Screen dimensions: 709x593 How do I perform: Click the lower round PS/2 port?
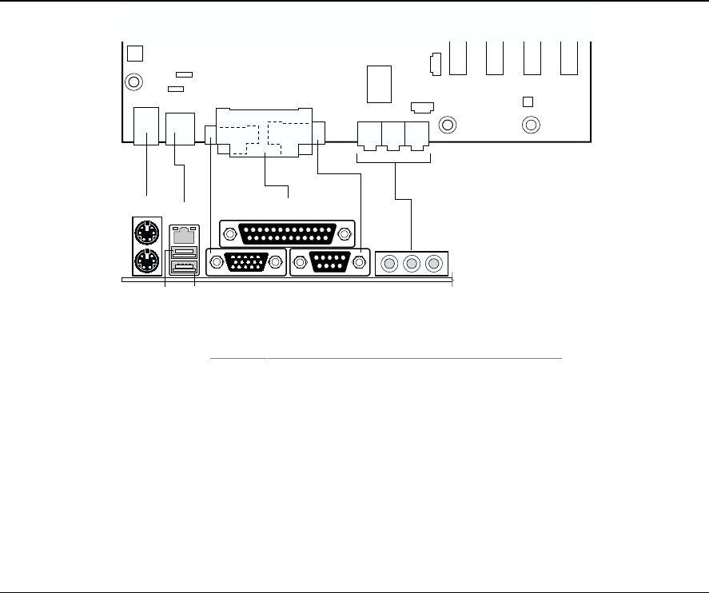145,261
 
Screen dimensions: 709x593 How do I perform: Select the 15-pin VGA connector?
245,262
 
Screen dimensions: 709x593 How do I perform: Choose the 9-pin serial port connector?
330,262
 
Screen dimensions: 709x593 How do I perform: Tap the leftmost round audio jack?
390,263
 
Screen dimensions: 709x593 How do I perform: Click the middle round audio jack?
412,263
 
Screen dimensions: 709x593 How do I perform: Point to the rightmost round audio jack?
434,263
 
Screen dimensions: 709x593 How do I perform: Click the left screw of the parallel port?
230,234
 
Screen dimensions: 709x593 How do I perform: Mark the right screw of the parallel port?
345,234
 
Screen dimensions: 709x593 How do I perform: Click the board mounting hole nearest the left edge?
134,82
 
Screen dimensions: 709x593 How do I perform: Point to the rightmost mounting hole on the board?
530,125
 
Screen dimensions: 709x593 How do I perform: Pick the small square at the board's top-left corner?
135,53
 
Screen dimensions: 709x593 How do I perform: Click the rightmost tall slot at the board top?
569,58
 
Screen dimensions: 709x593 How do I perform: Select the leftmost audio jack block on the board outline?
369,133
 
